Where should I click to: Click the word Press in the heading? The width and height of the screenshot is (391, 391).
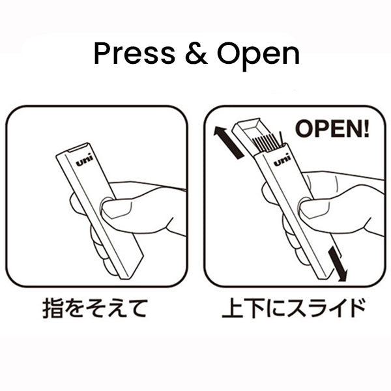pos(134,53)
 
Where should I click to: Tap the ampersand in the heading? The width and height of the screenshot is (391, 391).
pos(196,53)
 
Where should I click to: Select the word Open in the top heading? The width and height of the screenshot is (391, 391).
pos(258,55)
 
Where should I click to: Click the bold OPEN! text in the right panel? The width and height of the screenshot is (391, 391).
pos(332,128)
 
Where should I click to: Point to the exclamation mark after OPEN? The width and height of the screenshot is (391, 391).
pos(366,128)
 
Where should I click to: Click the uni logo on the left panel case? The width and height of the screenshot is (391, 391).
pos(84,160)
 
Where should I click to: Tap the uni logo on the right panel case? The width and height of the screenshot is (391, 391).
pos(282,160)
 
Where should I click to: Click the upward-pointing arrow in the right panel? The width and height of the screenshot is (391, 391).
pos(228,142)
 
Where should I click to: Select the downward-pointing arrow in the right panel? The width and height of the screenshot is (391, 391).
pos(338,265)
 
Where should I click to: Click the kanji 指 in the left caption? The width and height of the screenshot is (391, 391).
pos(53,308)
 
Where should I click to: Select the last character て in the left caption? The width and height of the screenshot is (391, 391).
pos(136,308)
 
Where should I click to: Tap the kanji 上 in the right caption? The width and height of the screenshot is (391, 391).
pos(232,308)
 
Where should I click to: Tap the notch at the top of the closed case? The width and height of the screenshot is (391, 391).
pos(78,148)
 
